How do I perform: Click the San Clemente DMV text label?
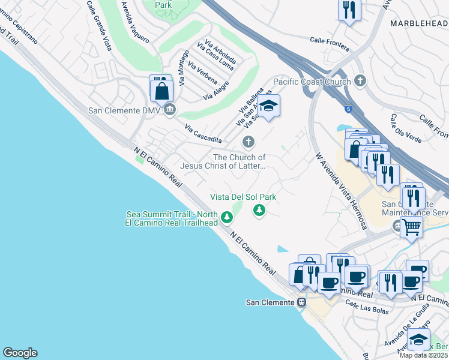coord(123,110)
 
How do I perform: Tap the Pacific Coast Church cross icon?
coord(360,80)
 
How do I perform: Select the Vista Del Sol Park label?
coord(243,197)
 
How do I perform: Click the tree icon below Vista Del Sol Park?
coord(259,209)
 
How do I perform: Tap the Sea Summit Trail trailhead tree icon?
coord(227,217)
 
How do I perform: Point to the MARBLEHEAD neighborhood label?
coord(419,23)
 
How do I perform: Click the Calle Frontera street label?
coord(330,40)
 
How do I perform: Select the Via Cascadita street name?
coord(203,134)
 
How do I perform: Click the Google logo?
coord(20,353)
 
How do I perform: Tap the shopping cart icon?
coord(412,226)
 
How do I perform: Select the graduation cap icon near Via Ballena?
coord(270,106)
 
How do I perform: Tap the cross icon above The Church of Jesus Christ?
coord(248,142)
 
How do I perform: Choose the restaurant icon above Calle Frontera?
coord(349,10)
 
